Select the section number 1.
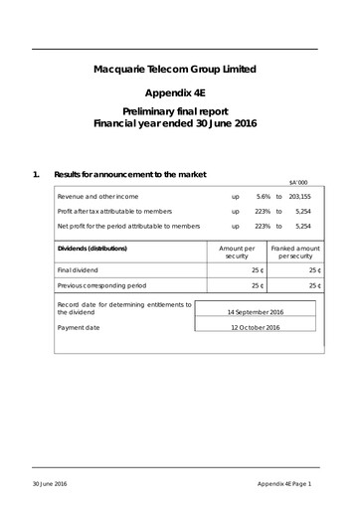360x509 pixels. point(36,176)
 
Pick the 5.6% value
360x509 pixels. point(264,197)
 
